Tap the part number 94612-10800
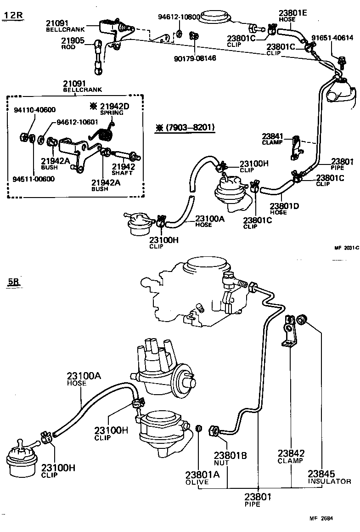tap(179, 17)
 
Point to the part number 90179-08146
tap(195, 58)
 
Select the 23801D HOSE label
tap(284, 209)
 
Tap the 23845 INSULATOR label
tap(328, 477)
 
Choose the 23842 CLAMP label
tap(290, 456)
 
